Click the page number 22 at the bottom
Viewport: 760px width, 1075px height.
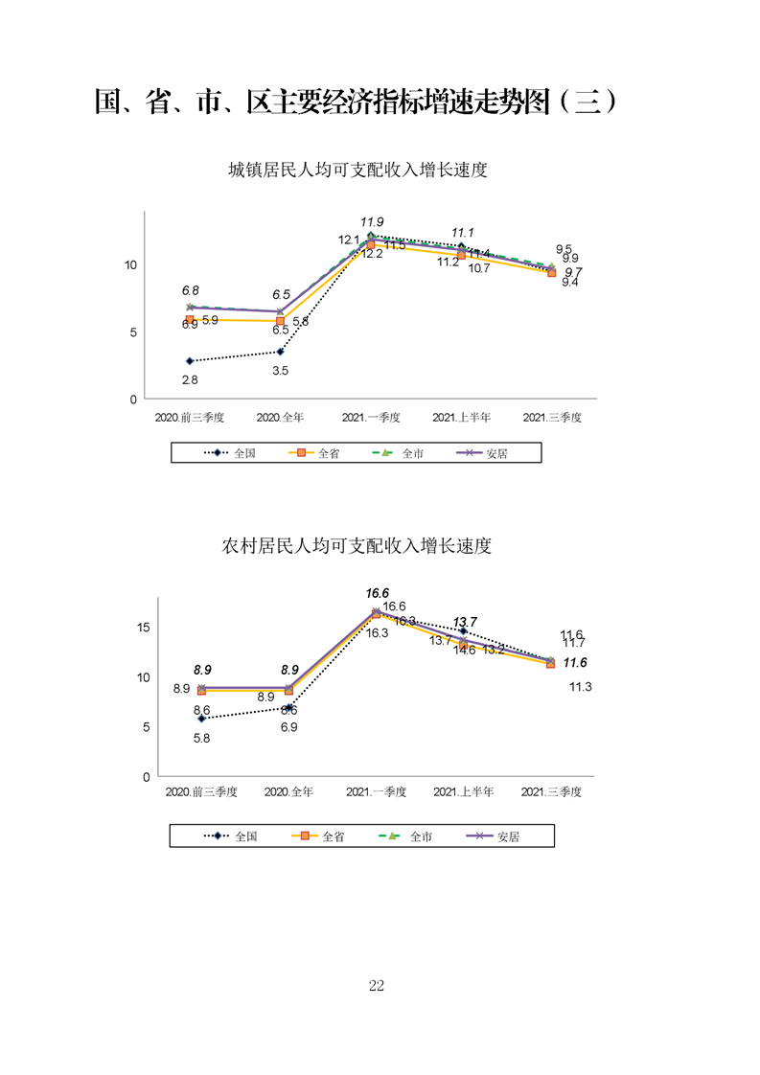pos(376,986)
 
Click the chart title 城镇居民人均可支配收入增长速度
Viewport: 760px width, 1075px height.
pos(358,171)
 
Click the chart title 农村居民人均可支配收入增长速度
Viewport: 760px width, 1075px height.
pos(357,546)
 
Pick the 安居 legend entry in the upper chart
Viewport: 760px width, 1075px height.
pos(496,453)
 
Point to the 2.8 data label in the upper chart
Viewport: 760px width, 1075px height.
pos(190,380)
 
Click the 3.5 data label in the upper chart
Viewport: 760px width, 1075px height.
pos(281,371)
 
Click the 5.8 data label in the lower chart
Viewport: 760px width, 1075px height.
pos(201,738)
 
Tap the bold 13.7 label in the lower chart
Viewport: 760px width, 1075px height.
pos(465,622)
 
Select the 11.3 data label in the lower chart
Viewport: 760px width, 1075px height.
pos(580,687)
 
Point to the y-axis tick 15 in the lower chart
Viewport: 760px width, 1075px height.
pos(143,628)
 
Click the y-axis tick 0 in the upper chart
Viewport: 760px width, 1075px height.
pos(132,399)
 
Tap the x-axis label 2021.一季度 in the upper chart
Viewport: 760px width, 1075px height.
pos(371,419)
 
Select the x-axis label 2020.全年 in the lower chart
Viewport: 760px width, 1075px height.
pos(289,792)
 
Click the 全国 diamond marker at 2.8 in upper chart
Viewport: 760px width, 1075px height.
pos(190,361)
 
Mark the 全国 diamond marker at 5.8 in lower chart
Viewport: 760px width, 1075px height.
pos(201,719)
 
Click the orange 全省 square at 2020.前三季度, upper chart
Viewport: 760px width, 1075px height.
pos(190,320)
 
